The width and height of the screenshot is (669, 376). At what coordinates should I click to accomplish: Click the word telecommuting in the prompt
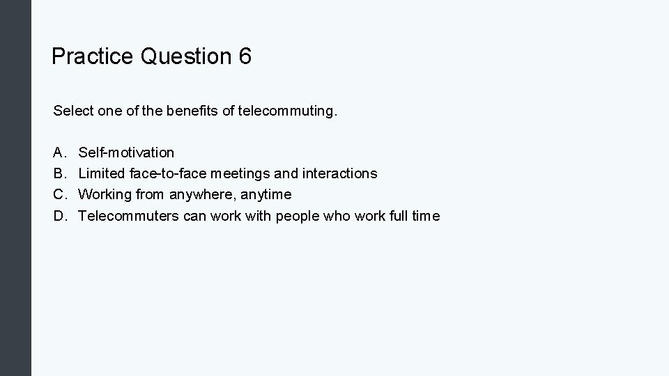click(x=286, y=110)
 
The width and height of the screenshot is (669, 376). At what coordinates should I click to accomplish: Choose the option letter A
click(x=59, y=152)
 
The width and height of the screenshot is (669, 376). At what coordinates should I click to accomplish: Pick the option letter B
click(x=59, y=173)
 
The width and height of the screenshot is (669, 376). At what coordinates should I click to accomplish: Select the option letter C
click(x=59, y=194)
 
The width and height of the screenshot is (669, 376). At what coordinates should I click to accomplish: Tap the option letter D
click(x=59, y=216)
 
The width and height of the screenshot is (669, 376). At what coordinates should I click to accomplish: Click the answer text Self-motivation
click(x=126, y=152)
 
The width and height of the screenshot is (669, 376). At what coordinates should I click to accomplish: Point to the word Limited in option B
click(x=101, y=173)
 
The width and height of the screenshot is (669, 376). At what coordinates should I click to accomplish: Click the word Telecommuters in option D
click(x=129, y=216)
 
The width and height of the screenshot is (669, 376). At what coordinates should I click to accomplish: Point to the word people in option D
click(x=296, y=216)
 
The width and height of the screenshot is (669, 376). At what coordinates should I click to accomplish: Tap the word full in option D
click(x=397, y=216)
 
